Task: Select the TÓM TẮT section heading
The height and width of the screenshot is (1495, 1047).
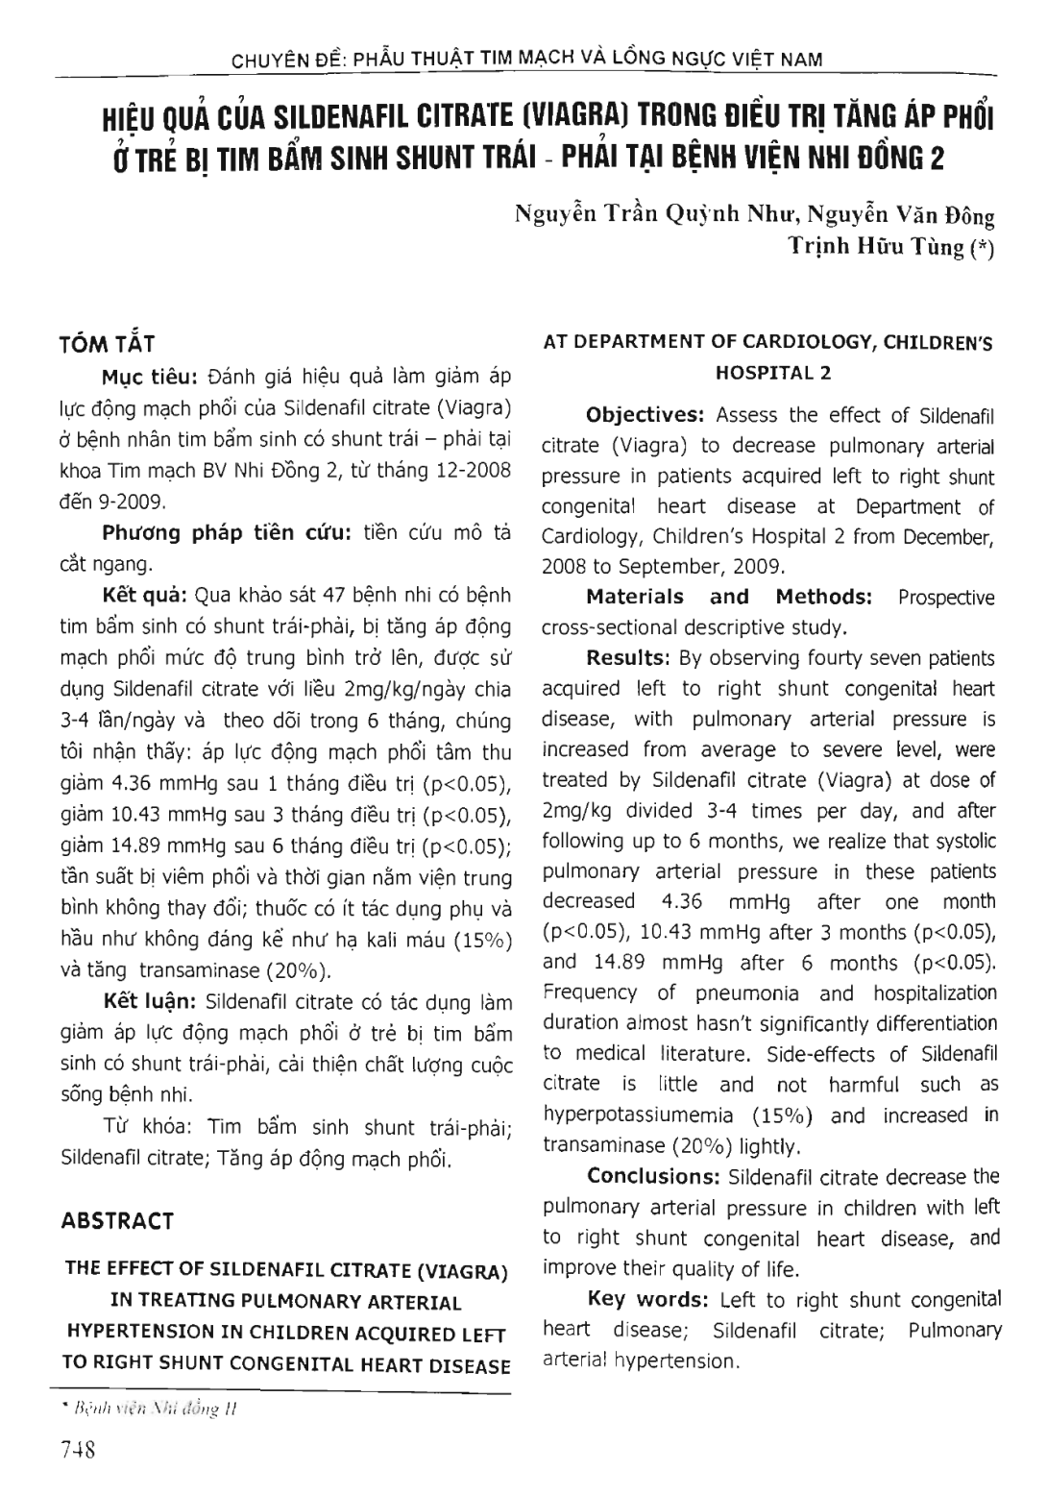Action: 108,344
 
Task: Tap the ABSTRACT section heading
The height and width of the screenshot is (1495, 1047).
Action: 117,1221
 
